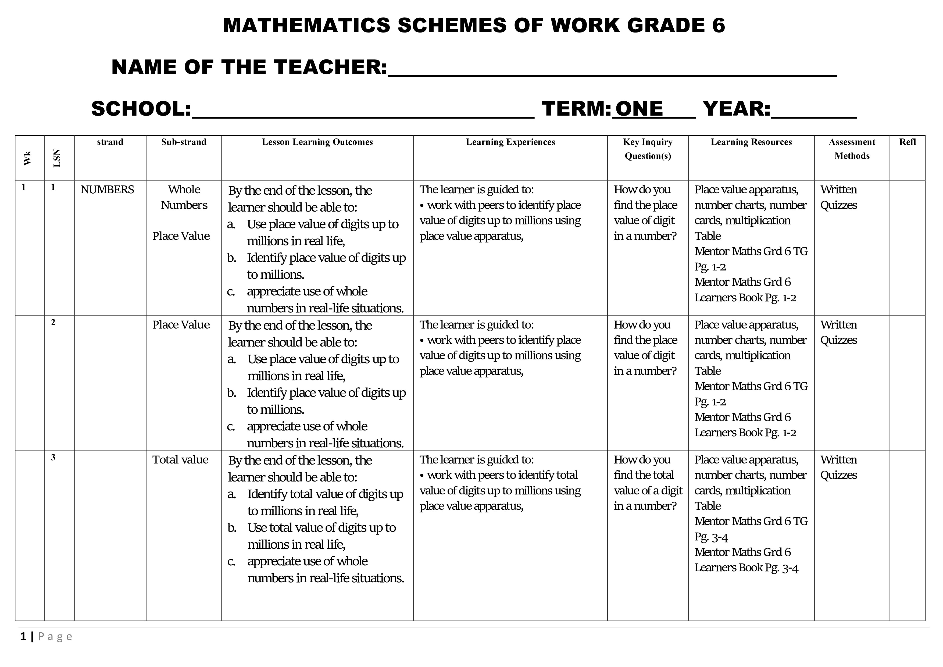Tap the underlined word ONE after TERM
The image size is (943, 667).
(639, 109)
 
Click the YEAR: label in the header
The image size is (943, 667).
(736, 109)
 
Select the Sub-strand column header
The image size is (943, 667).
(184, 142)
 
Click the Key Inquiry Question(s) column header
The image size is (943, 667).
(648, 149)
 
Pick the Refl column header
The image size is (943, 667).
(907, 142)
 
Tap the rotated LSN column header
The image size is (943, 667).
(57, 158)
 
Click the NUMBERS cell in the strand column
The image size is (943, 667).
(107, 190)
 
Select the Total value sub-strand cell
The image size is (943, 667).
(180, 460)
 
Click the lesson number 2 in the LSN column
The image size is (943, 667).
(53, 322)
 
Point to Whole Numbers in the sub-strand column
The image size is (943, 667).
(184, 197)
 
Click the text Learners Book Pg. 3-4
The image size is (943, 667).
(746, 568)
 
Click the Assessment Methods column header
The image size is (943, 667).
(852, 149)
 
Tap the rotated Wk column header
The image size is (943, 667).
(27, 158)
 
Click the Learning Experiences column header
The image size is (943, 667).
(510, 142)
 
